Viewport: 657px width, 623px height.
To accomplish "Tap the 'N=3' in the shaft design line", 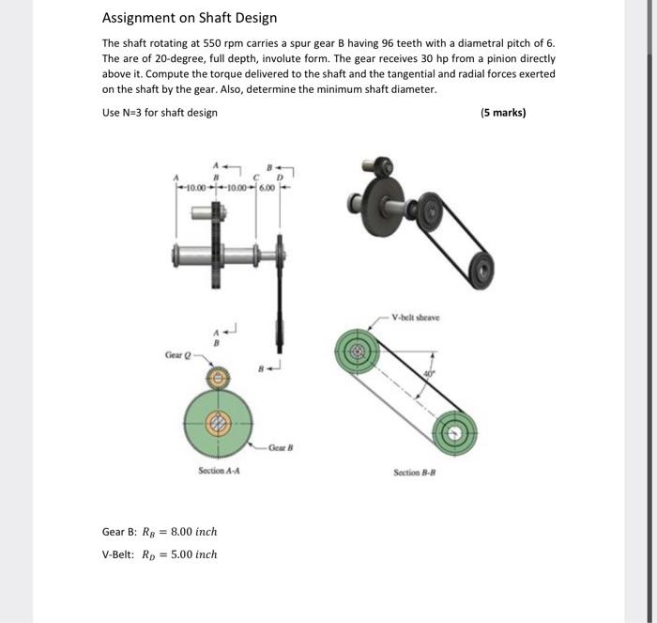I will coord(133,113).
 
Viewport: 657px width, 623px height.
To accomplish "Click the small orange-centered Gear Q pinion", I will coord(218,378).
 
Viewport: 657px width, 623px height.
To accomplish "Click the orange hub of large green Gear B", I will coord(218,423).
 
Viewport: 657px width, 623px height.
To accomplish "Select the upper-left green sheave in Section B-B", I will coord(358,352).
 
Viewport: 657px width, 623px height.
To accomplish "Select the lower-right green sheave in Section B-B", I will coord(455,432).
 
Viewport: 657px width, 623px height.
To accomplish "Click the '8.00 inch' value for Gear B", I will coord(193,532).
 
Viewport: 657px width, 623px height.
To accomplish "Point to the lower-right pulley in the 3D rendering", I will coord(481,269).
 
